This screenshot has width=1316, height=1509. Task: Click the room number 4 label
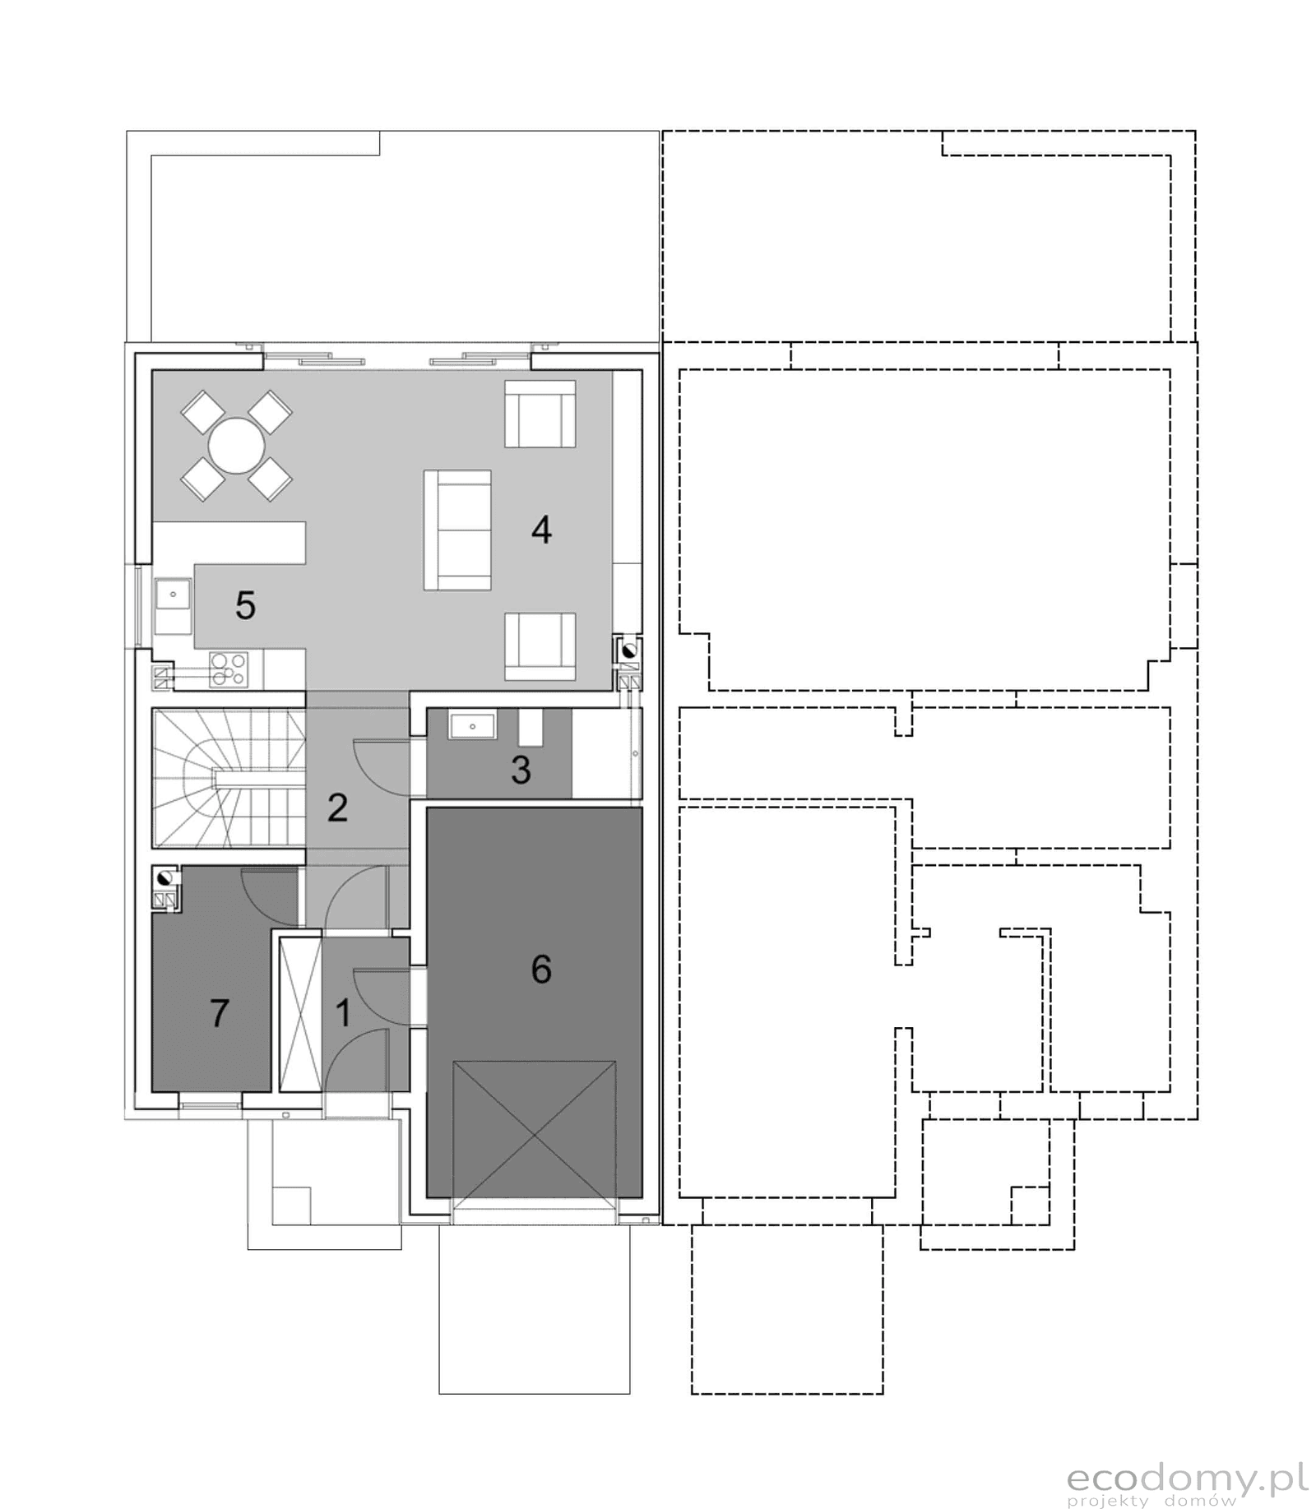coord(540,530)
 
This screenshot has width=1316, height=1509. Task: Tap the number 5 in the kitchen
coord(245,606)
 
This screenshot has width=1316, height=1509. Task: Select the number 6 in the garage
coord(540,970)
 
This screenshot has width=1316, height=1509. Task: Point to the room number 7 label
coord(219,1013)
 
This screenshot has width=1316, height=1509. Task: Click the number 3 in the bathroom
coord(521,771)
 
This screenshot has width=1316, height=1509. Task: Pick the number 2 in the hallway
coord(337,808)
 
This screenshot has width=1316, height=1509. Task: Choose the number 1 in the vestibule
coord(343,1013)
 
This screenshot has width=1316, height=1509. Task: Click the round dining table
coord(237,446)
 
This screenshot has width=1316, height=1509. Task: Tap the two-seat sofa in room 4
coord(457,530)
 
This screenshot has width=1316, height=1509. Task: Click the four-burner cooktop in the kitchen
coord(229,669)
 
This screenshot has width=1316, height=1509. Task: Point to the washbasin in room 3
coord(472,727)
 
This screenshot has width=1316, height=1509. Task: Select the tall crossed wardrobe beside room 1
coord(299,1014)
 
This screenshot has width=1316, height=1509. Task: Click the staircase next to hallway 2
coord(229,778)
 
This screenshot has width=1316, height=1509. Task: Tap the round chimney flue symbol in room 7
coord(164,878)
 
